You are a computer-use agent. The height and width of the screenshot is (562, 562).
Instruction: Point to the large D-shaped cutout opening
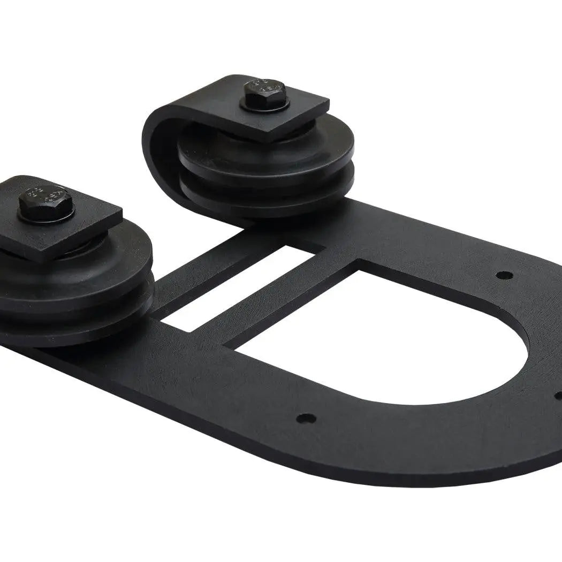375,343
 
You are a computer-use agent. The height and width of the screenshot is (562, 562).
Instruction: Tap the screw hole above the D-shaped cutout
503,275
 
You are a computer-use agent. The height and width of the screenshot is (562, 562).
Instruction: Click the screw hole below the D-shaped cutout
306,417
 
